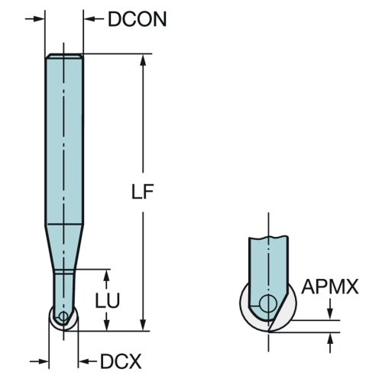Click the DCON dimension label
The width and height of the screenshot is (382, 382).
point(138,19)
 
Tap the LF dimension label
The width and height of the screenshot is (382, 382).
point(142,192)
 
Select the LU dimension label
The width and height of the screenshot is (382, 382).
point(108,300)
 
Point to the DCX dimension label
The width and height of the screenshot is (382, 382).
point(121,361)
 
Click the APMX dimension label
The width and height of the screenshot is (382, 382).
point(330,286)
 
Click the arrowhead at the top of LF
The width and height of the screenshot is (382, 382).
point(143,60)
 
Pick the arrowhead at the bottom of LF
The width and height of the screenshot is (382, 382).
point(143,325)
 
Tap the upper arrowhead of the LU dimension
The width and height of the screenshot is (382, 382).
point(107,275)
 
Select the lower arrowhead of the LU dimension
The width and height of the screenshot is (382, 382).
point(107,325)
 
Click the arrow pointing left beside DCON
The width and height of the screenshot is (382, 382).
point(94,18)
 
